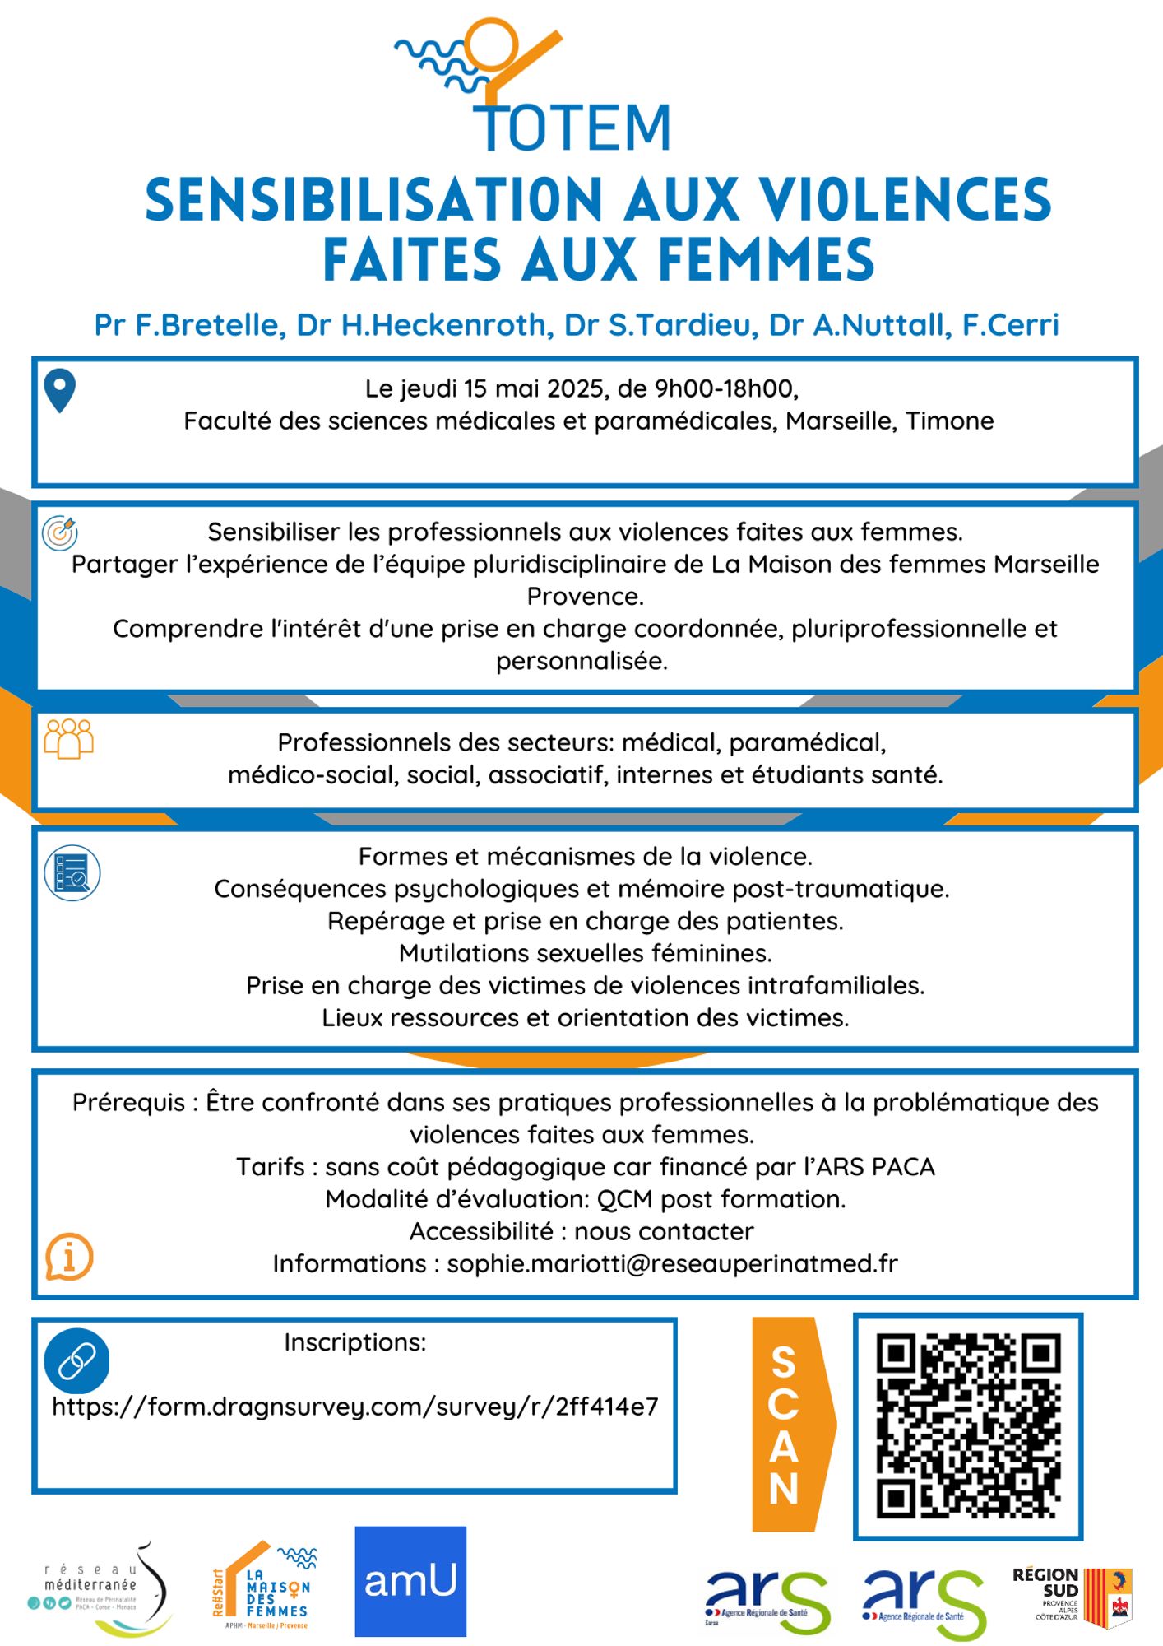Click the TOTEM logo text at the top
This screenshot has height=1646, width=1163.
pos(574,128)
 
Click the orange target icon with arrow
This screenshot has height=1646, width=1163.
pos(60,532)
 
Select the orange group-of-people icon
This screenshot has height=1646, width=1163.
pos(68,738)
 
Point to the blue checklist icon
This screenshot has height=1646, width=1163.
pos(72,873)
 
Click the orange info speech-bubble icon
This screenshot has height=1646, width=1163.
pos(69,1257)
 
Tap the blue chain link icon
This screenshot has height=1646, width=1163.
pos(76,1361)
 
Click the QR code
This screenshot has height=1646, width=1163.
pos(968,1425)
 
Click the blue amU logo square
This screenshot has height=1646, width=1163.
pos(410,1581)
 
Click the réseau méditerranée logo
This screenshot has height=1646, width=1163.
pos(99,1588)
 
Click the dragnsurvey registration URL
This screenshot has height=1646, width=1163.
pos(355,1407)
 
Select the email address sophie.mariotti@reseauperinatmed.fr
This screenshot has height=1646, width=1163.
pos(672,1263)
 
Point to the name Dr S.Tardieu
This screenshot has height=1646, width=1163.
pos(660,325)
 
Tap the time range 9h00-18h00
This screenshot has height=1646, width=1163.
pos(725,388)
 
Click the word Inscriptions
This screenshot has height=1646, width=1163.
pos(355,1342)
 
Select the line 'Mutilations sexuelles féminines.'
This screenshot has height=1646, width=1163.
pos(585,953)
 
